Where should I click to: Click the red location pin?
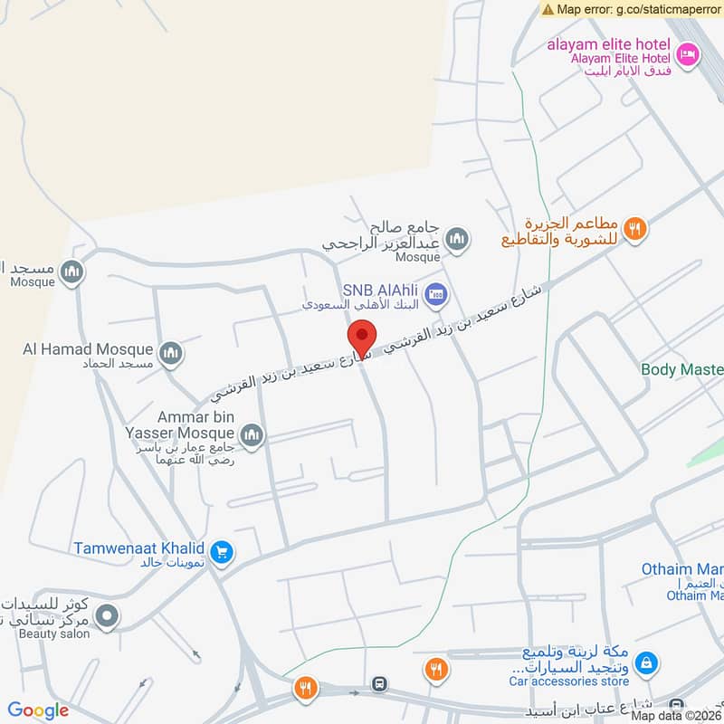[362, 338]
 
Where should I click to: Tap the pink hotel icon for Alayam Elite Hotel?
[688, 53]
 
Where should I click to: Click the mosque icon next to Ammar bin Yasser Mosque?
[252, 436]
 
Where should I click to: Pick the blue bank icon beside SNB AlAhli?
[437, 293]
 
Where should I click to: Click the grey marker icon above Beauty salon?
[107, 616]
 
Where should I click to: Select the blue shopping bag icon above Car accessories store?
[645, 664]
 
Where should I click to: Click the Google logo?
[38, 711]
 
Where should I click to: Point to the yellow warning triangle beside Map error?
[548, 8]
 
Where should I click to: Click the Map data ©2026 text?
[675, 716]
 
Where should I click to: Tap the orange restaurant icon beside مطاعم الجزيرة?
[636, 230]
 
